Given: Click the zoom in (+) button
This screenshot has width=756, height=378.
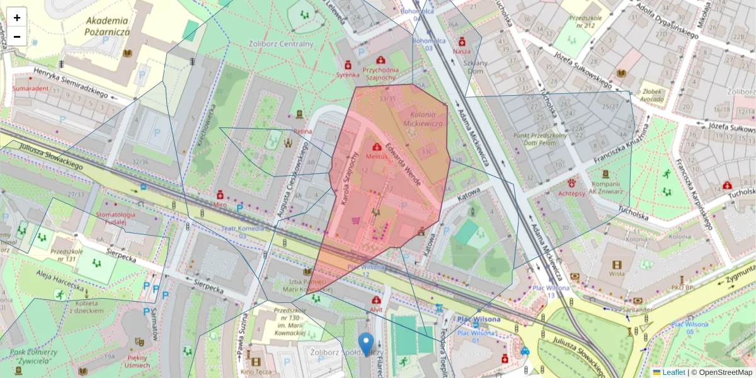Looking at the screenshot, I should click(17, 18).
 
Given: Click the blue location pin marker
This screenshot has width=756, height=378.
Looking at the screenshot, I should click(365, 344).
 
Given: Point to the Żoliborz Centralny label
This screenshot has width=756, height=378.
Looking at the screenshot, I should click(280, 44).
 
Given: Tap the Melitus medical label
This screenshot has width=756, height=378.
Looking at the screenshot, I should click(377, 156).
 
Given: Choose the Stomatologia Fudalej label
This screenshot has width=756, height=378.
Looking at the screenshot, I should click(116, 219).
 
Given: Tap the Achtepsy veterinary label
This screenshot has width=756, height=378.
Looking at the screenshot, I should click(571, 194).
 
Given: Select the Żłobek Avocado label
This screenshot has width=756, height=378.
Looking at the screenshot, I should click(651, 95).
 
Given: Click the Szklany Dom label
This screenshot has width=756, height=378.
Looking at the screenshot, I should click(476, 66).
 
